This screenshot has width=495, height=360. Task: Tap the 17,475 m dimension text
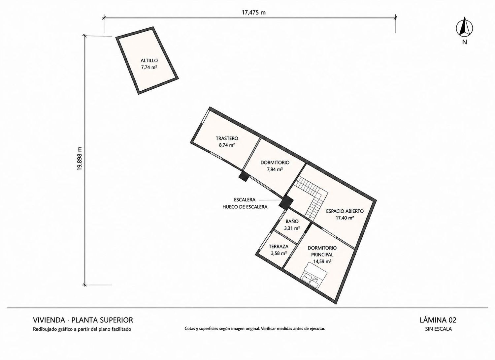point(253,13)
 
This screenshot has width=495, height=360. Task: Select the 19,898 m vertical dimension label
point(80,159)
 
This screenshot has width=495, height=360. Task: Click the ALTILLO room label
point(149,60)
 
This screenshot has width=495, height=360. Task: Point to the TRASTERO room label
point(227,138)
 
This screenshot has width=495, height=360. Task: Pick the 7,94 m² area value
point(275,169)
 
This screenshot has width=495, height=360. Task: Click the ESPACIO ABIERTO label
point(345,211)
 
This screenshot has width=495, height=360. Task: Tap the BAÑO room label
point(292,221)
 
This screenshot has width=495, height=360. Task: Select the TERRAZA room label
point(279,246)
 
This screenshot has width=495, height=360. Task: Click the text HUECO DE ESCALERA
point(245,207)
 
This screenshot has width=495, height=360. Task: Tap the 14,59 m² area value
point(322,261)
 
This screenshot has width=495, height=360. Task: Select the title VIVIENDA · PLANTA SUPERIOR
point(83,320)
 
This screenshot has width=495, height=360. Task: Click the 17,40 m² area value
point(345,218)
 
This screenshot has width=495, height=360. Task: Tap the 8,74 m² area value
point(227,145)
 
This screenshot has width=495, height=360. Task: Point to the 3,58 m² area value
point(279,253)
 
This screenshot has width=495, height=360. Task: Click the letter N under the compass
point(465,48)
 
